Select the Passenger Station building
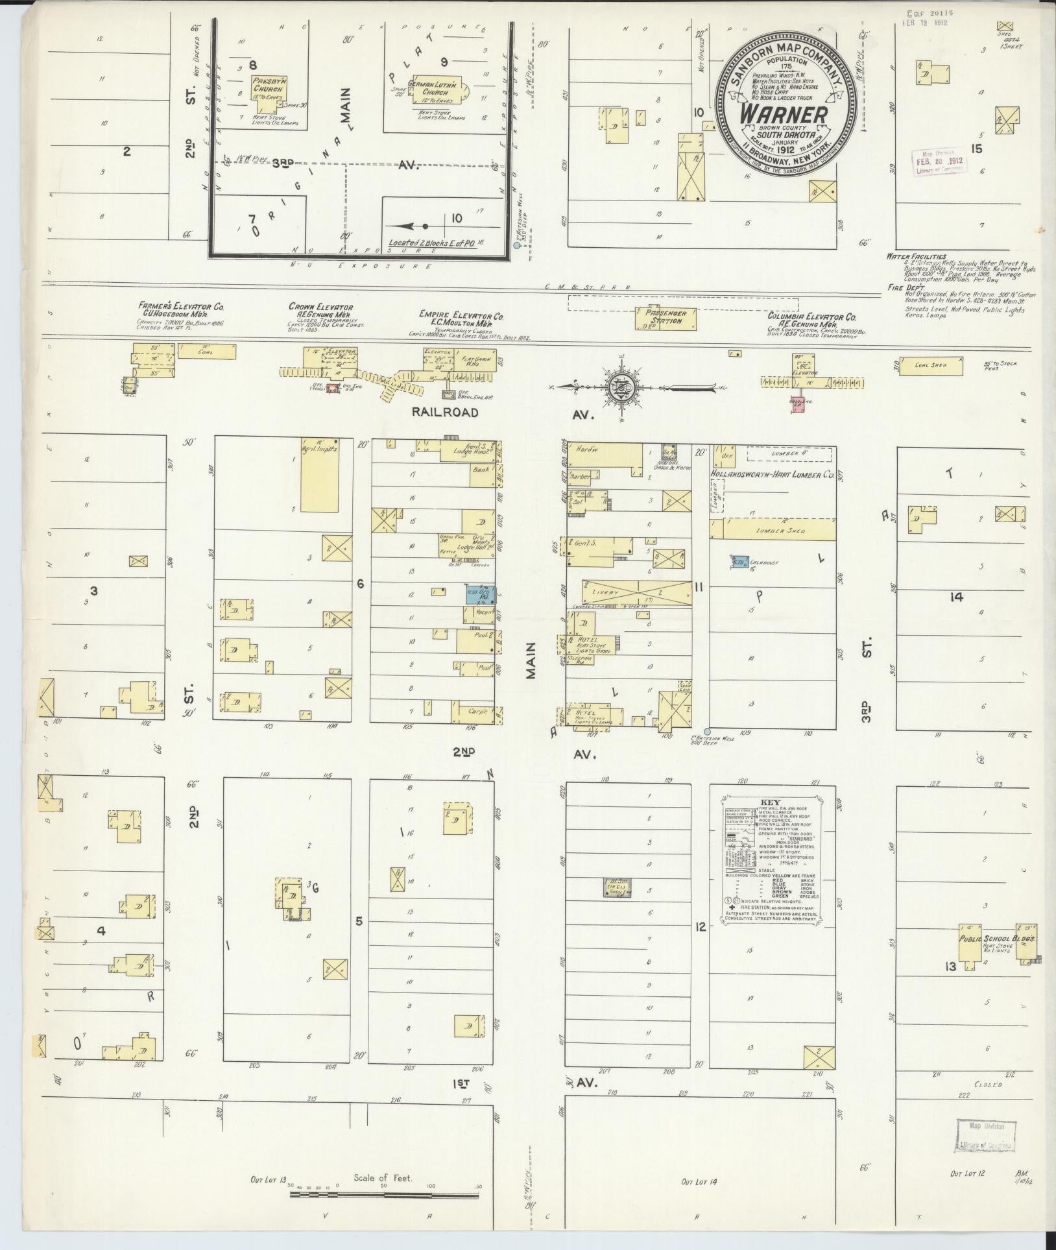point(666,317)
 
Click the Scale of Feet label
point(383,1178)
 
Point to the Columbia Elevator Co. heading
point(811,317)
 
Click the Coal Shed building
point(932,365)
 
